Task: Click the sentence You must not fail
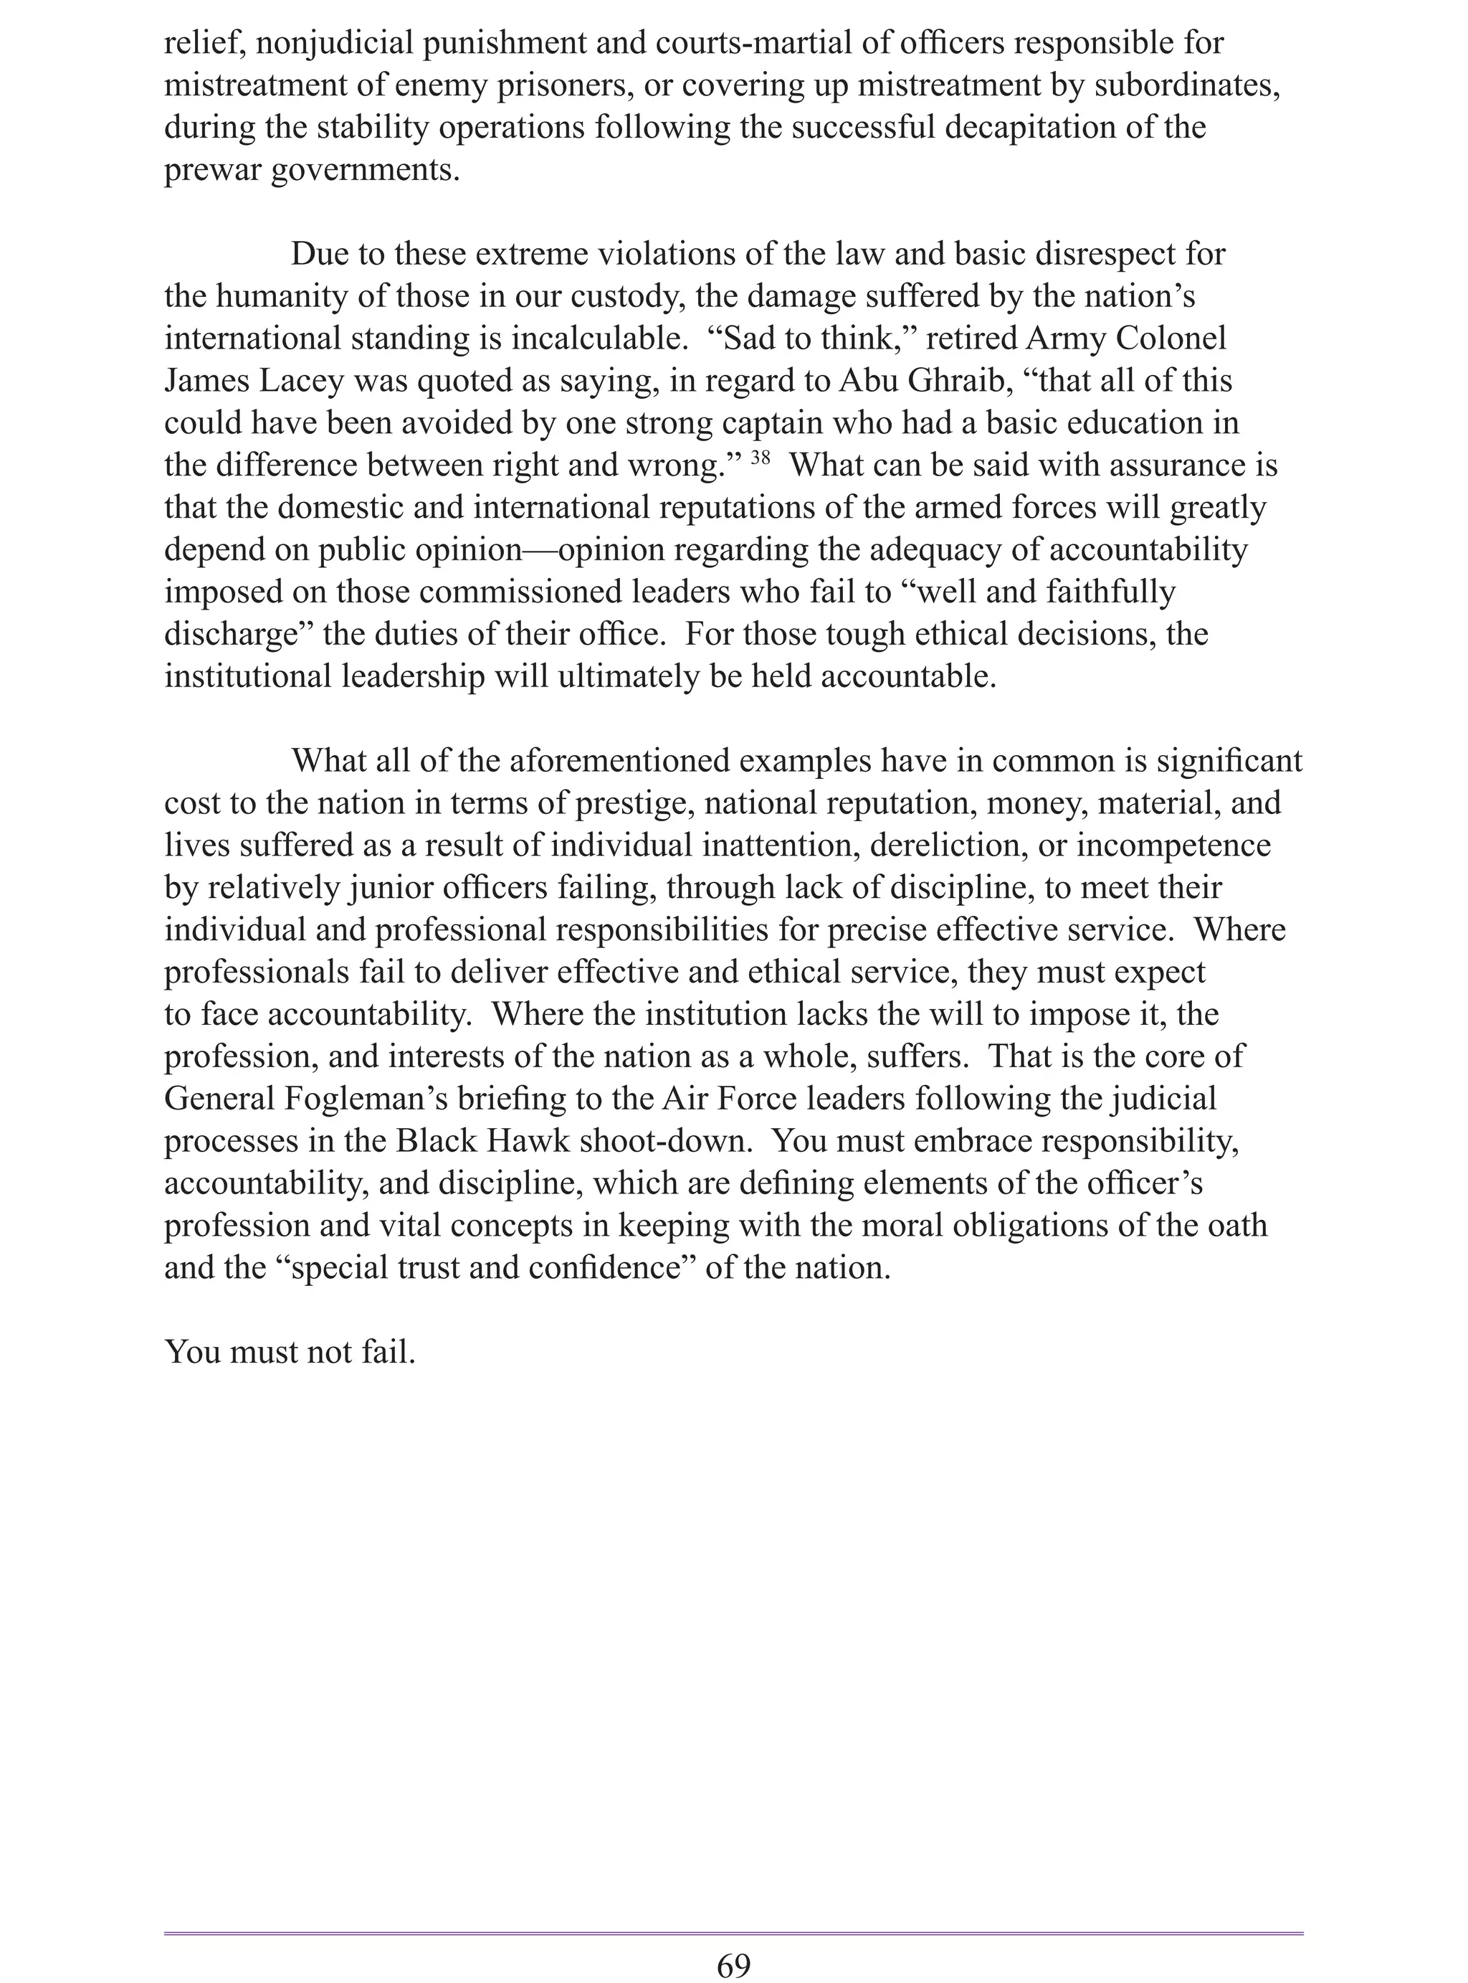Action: (290, 1352)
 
